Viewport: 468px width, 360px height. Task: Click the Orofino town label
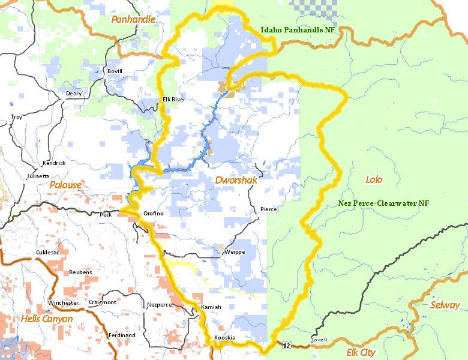pyautogui.click(x=153, y=214)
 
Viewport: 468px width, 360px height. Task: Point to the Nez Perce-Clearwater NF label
pyautogui.click(x=383, y=203)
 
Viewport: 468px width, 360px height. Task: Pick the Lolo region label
pyautogui.click(x=374, y=179)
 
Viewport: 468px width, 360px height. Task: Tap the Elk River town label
pyautogui.click(x=174, y=100)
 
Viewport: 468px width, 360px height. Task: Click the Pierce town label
pyautogui.click(x=269, y=209)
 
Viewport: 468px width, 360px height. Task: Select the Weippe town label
pyautogui.click(x=235, y=252)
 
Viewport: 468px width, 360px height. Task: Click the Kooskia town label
pyautogui.click(x=224, y=338)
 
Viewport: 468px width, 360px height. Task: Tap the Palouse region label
pyautogui.click(x=65, y=185)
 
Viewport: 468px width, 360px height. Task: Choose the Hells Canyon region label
pyautogui.click(x=47, y=319)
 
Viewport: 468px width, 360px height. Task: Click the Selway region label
pyautogui.click(x=445, y=305)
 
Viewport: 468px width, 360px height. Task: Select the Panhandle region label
pyautogui.click(x=133, y=20)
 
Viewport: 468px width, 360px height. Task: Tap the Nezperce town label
pyautogui.click(x=160, y=305)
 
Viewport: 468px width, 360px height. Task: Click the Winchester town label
pyautogui.click(x=63, y=303)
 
